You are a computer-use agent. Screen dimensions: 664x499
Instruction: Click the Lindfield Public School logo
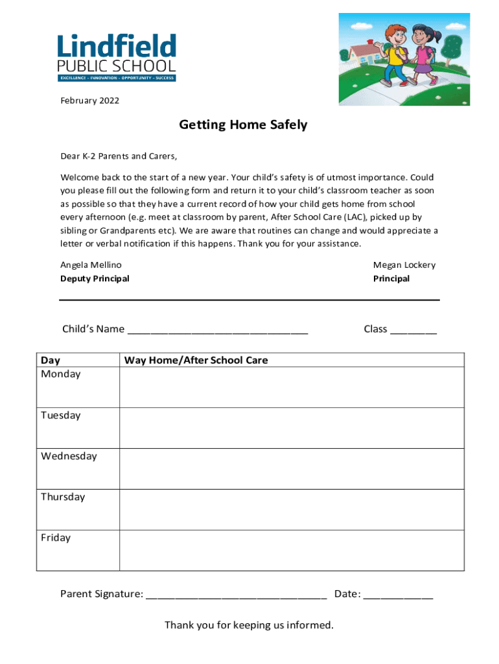point(117,58)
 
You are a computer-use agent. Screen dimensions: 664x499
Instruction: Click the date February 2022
point(89,101)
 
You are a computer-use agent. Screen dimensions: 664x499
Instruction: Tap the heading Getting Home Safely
point(243,125)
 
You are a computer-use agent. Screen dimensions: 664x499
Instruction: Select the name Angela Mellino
point(91,265)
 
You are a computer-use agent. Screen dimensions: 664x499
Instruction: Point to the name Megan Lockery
point(404,265)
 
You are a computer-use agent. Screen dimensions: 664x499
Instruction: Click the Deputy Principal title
point(95,279)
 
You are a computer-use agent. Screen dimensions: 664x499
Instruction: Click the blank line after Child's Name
point(218,331)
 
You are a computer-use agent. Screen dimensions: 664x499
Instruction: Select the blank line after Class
point(413,331)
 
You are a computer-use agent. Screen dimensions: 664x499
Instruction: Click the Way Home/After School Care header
point(196,360)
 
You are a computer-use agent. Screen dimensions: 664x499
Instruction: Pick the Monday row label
point(61,374)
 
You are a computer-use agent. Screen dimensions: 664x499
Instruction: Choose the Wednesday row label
point(69,456)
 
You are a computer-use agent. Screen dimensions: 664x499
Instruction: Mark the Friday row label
point(56,538)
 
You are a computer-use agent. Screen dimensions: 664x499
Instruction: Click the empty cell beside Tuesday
point(292,428)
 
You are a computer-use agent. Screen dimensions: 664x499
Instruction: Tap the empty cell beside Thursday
point(292,510)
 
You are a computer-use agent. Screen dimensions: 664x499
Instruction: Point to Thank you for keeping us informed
point(249,625)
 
